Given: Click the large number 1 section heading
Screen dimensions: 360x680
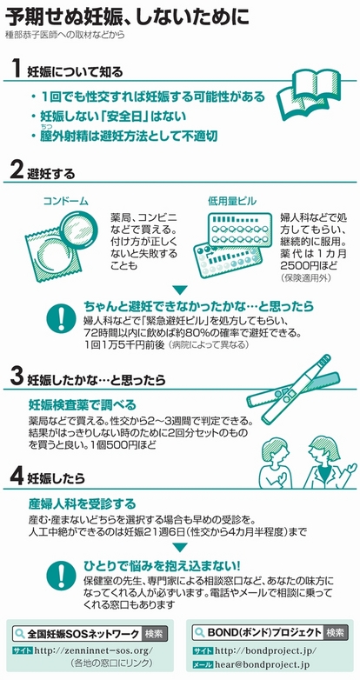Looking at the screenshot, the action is click(x=17, y=69).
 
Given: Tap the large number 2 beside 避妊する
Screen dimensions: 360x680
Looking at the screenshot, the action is click(x=17, y=171).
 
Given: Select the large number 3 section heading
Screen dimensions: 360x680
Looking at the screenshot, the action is click(x=17, y=377).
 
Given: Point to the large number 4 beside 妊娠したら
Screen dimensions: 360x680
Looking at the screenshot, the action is click(x=17, y=477).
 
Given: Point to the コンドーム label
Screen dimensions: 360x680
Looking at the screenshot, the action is click(x=65, y=201).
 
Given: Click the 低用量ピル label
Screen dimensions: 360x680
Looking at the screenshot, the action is click(x=232, y=201).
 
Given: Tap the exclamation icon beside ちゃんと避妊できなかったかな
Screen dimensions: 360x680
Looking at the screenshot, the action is click(x=61, y=318).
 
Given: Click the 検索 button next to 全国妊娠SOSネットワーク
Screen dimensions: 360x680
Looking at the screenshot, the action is click(x=155, y=634).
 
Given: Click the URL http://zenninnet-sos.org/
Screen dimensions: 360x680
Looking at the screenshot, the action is click(x=94, y=650).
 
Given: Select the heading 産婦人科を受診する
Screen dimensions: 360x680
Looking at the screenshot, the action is click(x=82, y=504).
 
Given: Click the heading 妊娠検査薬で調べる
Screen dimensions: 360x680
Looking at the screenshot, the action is click(x=82, y=405).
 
